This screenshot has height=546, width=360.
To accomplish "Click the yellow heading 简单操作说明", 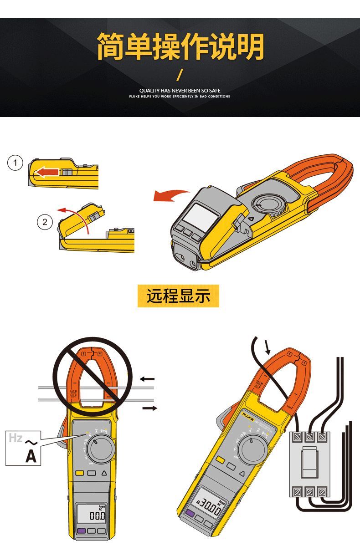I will (180, 46).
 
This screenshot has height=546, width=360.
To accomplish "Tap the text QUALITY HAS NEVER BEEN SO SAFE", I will (180, 91).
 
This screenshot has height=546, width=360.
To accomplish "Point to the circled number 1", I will (15, 163).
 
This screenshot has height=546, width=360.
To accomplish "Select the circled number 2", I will (45, 222).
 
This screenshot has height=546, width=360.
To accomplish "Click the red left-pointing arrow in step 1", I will (47, 172).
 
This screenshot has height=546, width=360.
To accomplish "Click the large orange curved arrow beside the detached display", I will (171, 195).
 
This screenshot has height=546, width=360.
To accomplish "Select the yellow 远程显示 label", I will (178, 296).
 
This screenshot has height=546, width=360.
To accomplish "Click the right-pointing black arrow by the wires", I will (149, 408).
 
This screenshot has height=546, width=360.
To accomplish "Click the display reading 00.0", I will (97, 516).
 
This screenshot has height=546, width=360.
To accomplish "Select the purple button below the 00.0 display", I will (82, 531).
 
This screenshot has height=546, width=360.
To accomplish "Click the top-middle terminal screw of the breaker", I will (310, 437).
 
